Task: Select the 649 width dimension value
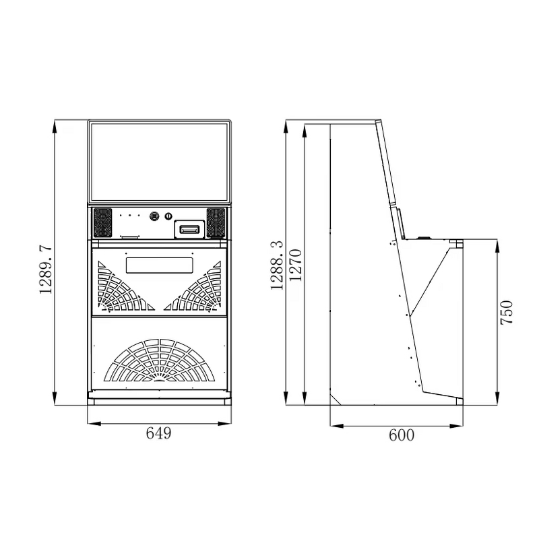pos(158,433)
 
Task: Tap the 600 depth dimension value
pos(402,435)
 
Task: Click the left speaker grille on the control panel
pos(102,222)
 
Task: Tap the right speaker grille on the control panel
pos(216,222)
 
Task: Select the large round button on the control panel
pos(155,216)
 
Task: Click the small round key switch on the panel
pos(169,216)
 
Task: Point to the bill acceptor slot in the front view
pos(189,229)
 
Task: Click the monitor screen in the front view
pos(159,162)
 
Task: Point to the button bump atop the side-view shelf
pos(424,237)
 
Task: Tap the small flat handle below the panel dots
pos(129,237)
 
